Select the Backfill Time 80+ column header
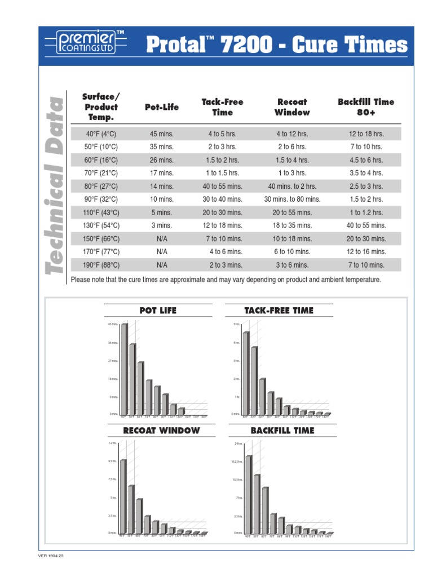click(366, 107)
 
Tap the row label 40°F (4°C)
click(101, 134)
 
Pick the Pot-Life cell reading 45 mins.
click(161, 134)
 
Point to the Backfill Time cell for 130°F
click(366, 225)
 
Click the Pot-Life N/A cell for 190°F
click(162, 264)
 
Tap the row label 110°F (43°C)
click(101, 212)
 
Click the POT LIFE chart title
click(158, 310)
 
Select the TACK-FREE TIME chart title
click(279, 310)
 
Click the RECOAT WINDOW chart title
click(161, 430)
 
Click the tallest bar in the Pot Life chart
click(123, 369)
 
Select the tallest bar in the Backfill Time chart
click(248, 494)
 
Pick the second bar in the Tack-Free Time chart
click(254, 381)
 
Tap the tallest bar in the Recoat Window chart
click(122, 496)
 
